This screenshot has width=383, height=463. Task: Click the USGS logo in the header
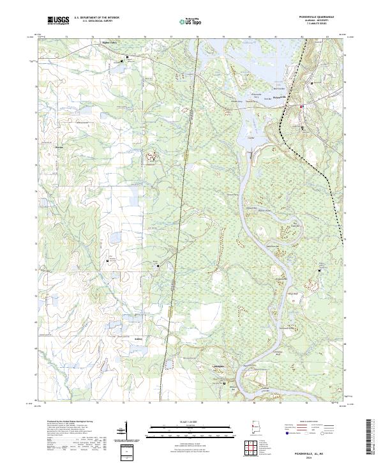59,21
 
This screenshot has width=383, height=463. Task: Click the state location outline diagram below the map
255,430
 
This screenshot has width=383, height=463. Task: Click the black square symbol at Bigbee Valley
127,57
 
